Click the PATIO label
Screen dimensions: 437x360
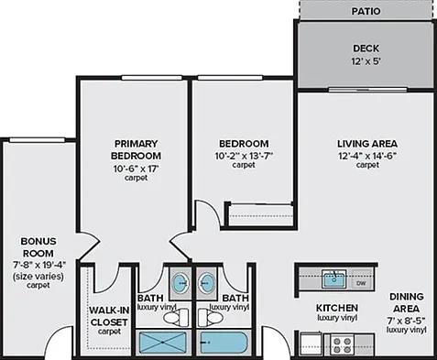click(x=366, y=11)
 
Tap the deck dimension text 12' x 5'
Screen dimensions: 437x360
click(x=366, y=61)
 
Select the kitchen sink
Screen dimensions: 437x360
click(x=333, y=278)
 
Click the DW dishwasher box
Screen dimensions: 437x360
click(x=361, y=283)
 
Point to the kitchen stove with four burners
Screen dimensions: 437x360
click(x=342, y=344)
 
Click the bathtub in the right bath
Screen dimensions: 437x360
click(x=224, y=343)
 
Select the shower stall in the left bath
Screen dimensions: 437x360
click(x=162, y=343)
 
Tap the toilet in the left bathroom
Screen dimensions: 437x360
click(x=176, y=317)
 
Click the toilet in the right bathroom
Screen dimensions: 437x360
click(x=211, y=317)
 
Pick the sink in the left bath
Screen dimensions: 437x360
click(x=180, y=283)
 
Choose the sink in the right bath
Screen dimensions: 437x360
click(x=207, y=283)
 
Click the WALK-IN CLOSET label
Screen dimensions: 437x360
click(x=109, y=316)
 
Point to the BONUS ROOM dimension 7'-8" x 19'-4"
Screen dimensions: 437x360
click(x=39, y=265)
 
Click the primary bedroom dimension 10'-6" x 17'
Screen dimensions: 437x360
click(x=137, y=169)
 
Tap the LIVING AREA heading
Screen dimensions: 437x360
click(x=367, y=144)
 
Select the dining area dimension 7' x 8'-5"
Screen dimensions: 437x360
click(x=406, y=321)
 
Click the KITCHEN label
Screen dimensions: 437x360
click(x=337, y=308)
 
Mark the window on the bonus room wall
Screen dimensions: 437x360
click(x=38, y=140)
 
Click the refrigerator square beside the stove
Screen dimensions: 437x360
click(x=311, y=344)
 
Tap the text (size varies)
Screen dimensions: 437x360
click(x=38, y=277)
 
